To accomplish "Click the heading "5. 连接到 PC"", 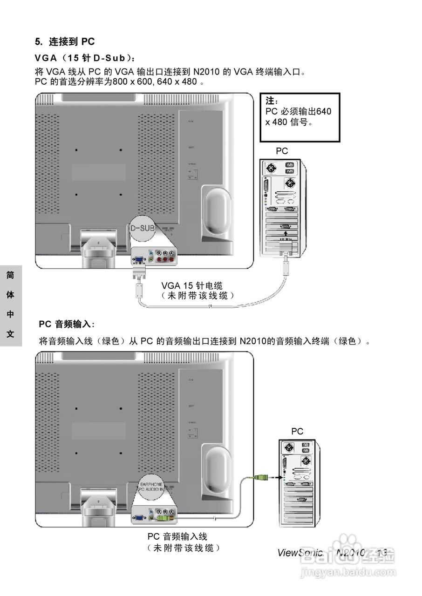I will click(x=65, y=42).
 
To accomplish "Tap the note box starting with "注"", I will click(x=299, y=117).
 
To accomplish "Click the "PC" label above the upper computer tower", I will click(x=282, y=151).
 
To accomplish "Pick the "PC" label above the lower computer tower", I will click(x=297, y=432).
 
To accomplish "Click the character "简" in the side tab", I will click(x=10, y=275).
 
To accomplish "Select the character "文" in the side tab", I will click(x=10, y=334).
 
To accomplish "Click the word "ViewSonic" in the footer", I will click(x=300, y=553).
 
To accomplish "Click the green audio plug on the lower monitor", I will click(x=163, y=518).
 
